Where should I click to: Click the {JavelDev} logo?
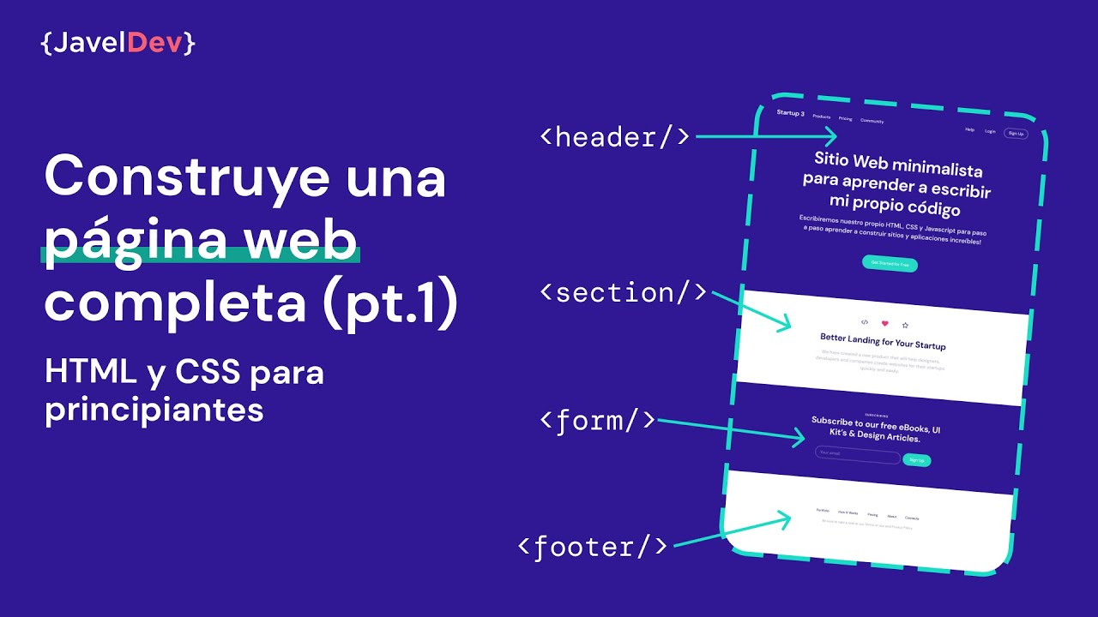tap(118, 44)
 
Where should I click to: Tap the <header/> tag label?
tap(614, 137)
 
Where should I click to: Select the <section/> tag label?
tap(624, 293)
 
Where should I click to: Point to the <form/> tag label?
tap(598, 421)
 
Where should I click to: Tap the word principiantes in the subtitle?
tap(154, 410)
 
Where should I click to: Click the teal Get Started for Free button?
tap(890, 264)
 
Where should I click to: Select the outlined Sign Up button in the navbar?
tap(1016, 134)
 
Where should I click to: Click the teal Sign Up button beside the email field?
tap(916, 460)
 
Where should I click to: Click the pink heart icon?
tap(885, 323)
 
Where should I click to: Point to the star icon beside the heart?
tap(905, 326)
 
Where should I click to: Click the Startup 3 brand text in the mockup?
tap(790, 113)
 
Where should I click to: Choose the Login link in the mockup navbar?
tap(990, 131)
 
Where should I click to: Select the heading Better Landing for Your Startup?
tap(883, 342)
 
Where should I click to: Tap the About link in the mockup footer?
tap(892, 517)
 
